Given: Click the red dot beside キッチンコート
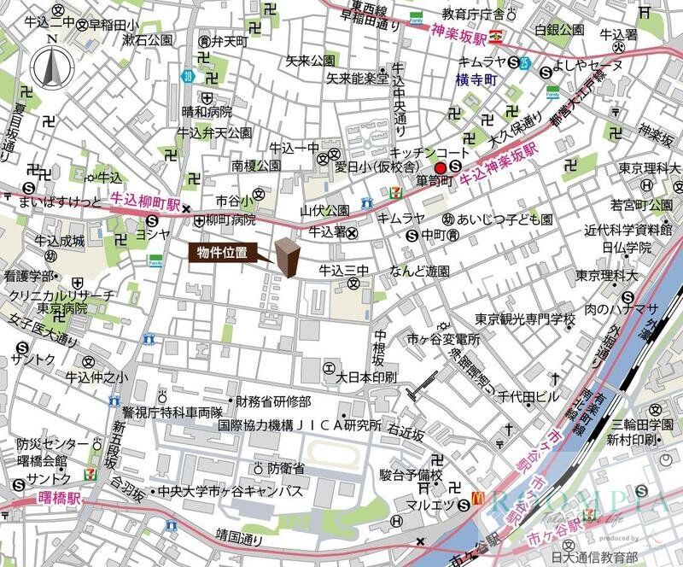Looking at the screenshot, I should pyautogui.click(x=441, y=167).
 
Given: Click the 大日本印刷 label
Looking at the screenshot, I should pyautogui.click(x=367, y=376).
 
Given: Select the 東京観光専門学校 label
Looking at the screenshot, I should pyautogui.click(x=525, y=319).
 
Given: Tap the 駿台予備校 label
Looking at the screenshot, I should pyautogui.click(x=413, y=474).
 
